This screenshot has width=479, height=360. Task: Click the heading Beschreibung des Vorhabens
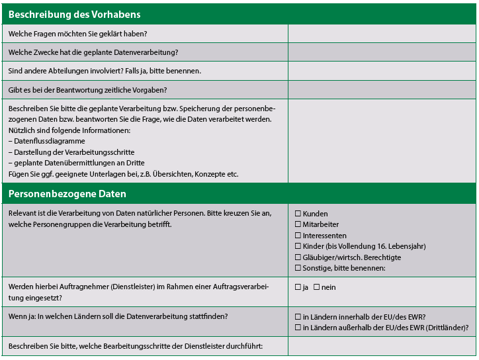tap(74, 14)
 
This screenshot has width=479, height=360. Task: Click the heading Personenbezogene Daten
tap(67, 194)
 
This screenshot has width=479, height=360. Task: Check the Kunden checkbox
tap(298, 214)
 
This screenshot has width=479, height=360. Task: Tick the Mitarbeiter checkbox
tap(298, 224)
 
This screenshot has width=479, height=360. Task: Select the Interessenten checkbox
tap(298, 236)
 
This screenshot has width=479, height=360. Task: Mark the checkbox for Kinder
tap(298, 246)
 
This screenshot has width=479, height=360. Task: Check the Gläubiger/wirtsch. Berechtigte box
tap(298, 257)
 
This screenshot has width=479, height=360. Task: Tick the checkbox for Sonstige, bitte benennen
tap(298, 268)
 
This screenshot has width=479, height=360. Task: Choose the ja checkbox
tap(298, 287)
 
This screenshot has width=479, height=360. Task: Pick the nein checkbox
tap(316, 287)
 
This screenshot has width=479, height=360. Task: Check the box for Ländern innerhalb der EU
tap(298, 317)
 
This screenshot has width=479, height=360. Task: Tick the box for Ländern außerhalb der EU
tap(298, 328)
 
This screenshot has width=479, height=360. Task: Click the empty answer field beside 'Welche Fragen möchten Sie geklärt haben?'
tap(381, 34)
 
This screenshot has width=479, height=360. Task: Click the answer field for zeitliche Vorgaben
tap(381, 89)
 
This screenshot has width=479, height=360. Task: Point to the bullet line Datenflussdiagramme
tap(46, 141)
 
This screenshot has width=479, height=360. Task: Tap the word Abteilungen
tap(65, 71)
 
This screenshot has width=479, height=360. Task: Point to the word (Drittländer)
tap(448, 328)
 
